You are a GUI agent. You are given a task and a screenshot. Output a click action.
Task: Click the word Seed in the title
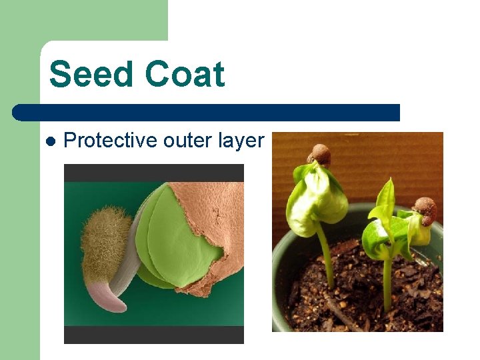(x=92, y=74)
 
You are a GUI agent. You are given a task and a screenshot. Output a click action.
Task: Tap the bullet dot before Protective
(x=50, y=141)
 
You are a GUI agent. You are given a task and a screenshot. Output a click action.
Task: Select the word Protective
(x=110, y=141)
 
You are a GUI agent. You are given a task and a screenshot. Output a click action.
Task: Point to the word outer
(x=187, y=141)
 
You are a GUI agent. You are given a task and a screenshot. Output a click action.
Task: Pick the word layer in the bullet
(x=241, y=141)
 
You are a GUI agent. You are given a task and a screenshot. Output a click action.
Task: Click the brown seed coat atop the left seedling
(x=321, y=155)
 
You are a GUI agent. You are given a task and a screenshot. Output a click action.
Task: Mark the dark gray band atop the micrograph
(x=153, y=173)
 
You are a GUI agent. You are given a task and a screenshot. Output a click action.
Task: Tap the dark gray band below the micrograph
(x=153, y=335)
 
